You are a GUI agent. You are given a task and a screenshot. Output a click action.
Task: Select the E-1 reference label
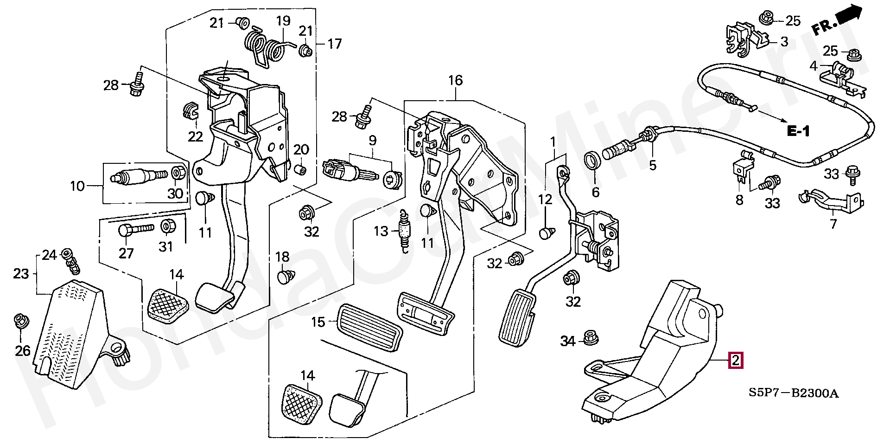click(x=798, y=132)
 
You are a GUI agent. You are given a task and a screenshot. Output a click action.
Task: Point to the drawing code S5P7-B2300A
click(x=794, y=393)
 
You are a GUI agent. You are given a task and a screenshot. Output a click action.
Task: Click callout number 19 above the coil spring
click(x=283, y=20)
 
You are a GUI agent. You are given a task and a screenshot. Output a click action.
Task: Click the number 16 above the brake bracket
click(x=455, y=80)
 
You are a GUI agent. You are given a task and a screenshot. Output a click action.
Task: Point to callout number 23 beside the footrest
click(x=21, y=274)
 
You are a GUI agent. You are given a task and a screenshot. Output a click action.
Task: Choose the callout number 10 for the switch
click(x=77, y=187)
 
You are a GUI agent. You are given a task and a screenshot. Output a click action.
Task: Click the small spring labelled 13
click(x=406, y=231)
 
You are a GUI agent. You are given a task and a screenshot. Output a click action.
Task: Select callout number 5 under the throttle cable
click(x=653, y=165)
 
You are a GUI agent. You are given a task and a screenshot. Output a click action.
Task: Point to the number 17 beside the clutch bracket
click(x=334, y=44)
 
